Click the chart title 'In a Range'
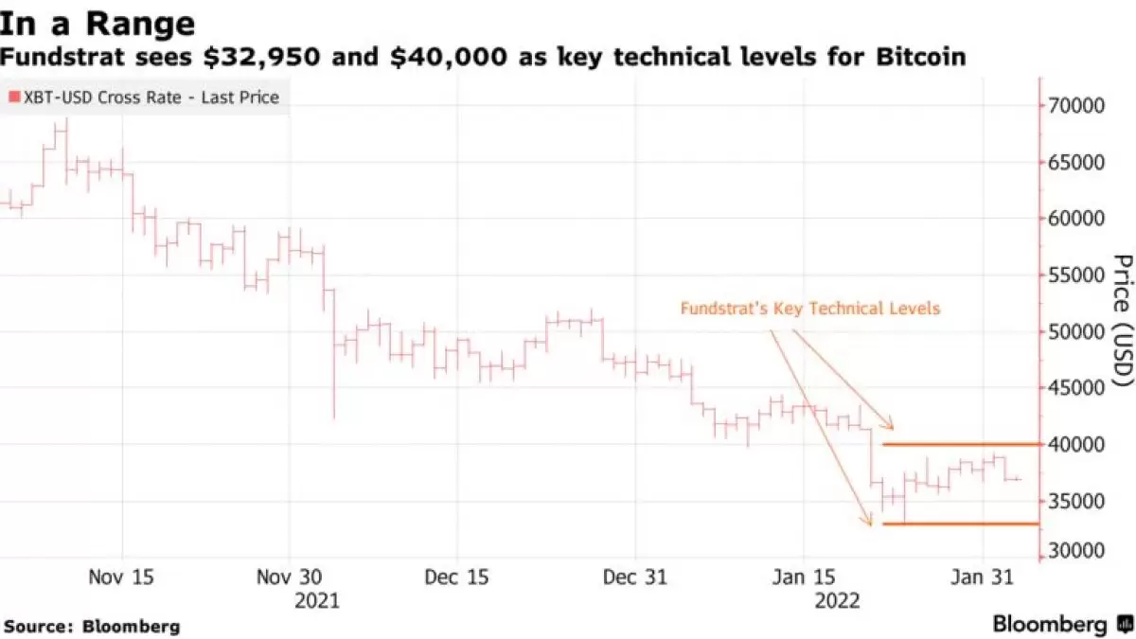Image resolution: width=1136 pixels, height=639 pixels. [98, 22]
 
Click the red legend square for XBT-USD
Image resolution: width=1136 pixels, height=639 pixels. [12, 98]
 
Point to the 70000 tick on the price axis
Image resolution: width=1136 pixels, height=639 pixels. [1075, 105]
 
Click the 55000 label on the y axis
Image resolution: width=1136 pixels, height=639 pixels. [1075, 275]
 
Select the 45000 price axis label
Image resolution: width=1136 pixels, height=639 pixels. [1075, 388]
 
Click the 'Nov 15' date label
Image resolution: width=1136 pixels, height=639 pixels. [122, 577]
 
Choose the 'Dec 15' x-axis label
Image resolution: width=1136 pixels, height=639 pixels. [457, 577]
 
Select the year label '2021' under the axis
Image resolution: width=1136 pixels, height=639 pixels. [316, 600]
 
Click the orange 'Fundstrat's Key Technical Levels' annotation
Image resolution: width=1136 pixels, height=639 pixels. [809, 309]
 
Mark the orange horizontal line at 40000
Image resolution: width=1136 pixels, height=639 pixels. [960, 444]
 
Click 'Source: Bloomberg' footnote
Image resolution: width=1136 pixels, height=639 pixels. [92, 626]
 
